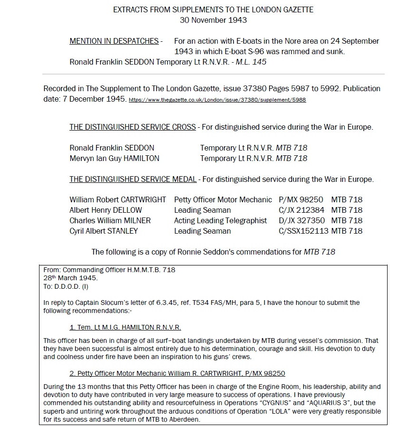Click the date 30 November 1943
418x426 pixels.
[x=213, y=20]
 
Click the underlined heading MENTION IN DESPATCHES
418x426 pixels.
[x=114, y=41]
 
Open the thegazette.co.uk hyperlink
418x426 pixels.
[x=217, y=100]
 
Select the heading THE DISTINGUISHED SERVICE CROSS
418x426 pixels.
[x=133, y=127]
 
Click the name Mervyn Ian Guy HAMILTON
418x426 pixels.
[x=114, y=158]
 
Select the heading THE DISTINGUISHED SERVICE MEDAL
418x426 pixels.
[x=133, y=179]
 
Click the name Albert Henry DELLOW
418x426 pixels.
[x=106, y=210]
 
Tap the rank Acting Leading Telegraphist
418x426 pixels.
[x=221, y=221]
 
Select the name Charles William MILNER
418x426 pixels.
[x=110, y=221]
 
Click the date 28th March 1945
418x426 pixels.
[x=70, y=278]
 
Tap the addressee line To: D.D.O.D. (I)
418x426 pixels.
[x=66, y=286]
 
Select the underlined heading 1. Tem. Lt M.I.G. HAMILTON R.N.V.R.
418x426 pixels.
[x=125, y=327]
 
